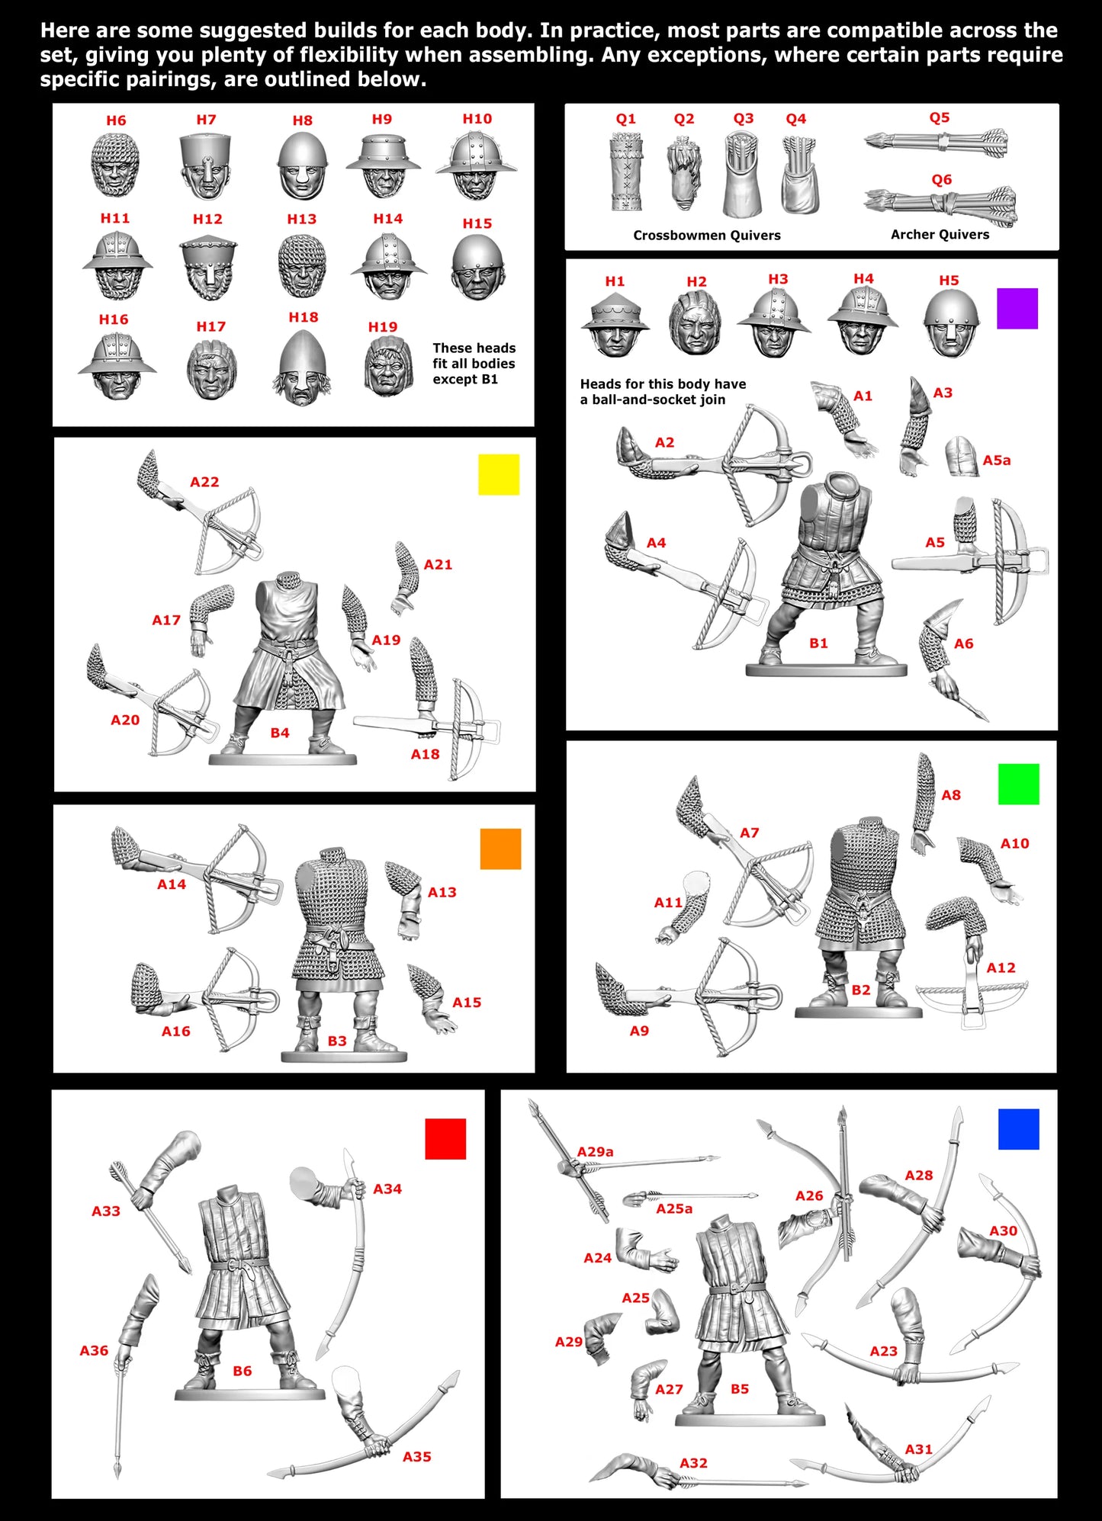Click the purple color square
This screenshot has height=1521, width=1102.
(1017, 309)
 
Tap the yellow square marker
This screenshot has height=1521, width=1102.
(499, 474)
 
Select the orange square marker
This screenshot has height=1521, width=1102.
(500, 849)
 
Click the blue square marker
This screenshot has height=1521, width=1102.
(1018, 1129)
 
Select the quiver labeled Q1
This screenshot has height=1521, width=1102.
(626, 172)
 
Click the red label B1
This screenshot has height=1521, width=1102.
(818, 643)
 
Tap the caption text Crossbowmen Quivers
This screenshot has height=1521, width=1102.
(706, 235)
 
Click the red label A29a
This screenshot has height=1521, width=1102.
(595, 1151)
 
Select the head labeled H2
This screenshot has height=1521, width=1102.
(695, 323)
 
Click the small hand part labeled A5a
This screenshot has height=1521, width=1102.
(962, 457)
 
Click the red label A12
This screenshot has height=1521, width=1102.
(1001, 967)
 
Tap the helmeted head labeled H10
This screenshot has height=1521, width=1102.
(476, 165)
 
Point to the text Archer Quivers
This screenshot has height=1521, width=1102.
(940, 234)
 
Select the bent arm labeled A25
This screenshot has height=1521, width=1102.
(660, 1313)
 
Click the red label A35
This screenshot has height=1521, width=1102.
(416, 1456)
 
